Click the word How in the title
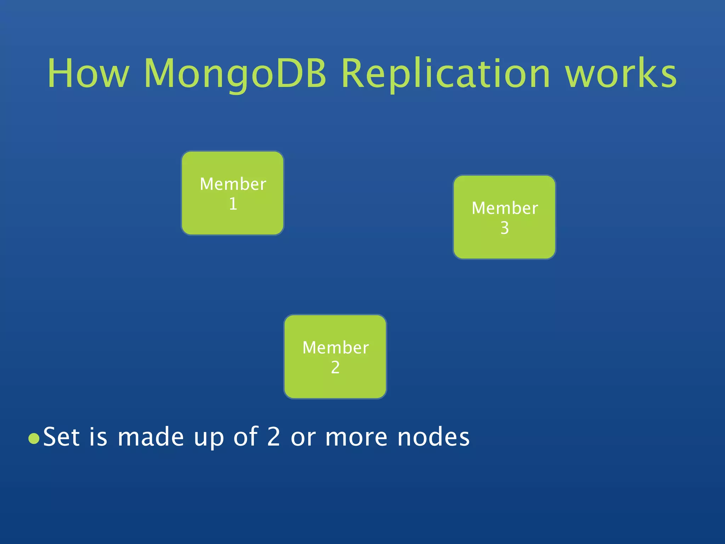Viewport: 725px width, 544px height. click(x=88, y=73)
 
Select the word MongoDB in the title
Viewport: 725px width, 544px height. click(x=235, y=73)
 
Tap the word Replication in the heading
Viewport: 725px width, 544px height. click(x=446, y=73)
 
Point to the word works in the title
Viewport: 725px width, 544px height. click(x=621, y=73)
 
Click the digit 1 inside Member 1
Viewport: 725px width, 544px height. click(x=233, y=204)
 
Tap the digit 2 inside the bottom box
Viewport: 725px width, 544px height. click(x=335, y=368)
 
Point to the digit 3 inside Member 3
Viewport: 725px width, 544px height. click(x=504, y=228)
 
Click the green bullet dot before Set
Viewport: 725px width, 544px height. click(x=34, y=439)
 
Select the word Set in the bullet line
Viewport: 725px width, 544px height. click(x=61, y=437)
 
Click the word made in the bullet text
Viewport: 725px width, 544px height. click(x=150, y=437)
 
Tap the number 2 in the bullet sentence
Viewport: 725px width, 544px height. click(x=273, y=437)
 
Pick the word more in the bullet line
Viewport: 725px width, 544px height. click(x=356, y=437)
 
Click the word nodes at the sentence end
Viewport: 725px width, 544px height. click(x=433, y=437)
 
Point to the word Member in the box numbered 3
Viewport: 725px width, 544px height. click(x=504, y=208)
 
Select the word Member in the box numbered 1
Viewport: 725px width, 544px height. click(x=233, y=184)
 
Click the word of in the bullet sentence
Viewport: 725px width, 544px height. click(x=245, y=437)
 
